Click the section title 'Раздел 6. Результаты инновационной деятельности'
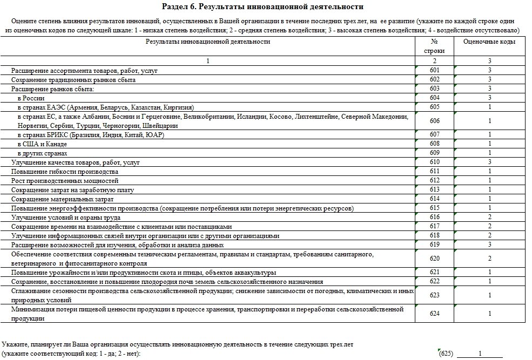click(262, 6)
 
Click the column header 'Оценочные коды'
click(489, 42)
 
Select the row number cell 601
click(435, 71)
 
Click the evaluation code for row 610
click(489, 162)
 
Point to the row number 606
click(435, 121)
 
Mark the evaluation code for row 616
click(489, 217)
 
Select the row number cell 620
click(435, 259)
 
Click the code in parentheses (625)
click(445, 354)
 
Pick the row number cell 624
click(435, 314)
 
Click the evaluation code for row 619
click(489, 244)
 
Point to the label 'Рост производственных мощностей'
click(65, 181)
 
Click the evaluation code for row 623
click(489, 295)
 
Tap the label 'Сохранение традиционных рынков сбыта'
click(73, 80)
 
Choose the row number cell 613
click(435, 190)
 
